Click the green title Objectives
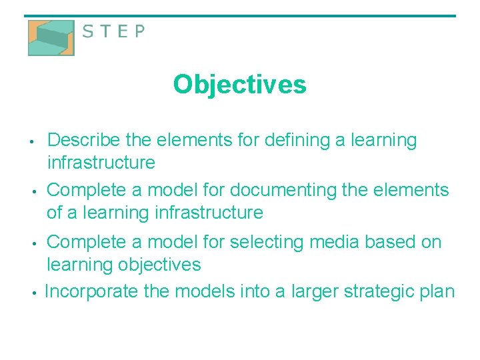pyautogui.click(x=239, y=85)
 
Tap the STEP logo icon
pyautogui.click(x=51, y=37)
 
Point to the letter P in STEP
pyautogui.click(x=138, y=31)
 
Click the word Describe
pyautogui.click(x=83, y=141)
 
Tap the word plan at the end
pyautogui.click(x=437, y=291)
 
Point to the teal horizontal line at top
pyautogui.click(x=240, y=16)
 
